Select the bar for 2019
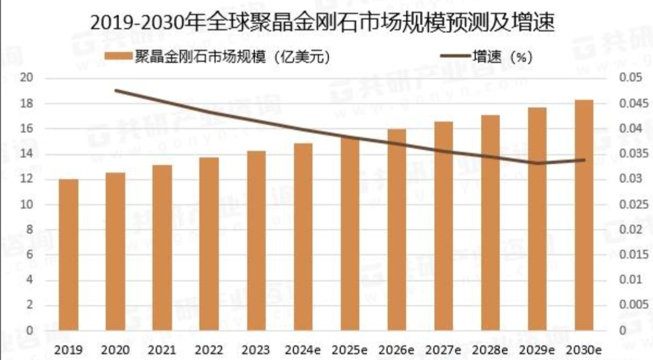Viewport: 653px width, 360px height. [x=68, y=255]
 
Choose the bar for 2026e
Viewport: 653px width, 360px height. [x=397, y=229]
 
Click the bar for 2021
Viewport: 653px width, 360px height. [x=162, y=247]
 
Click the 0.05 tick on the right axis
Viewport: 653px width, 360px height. [x=631, y=78]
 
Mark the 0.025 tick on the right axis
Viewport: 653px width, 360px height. [x=633, y=205]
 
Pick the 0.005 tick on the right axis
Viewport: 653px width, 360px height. [x=633, y=305]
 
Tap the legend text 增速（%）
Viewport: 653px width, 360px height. [x=502, y=57]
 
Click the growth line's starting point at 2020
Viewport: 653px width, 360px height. [x=115, y=90]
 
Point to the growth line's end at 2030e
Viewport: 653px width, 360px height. [x=584, y=160]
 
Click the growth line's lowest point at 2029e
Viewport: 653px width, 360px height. [x=538, y=163]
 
